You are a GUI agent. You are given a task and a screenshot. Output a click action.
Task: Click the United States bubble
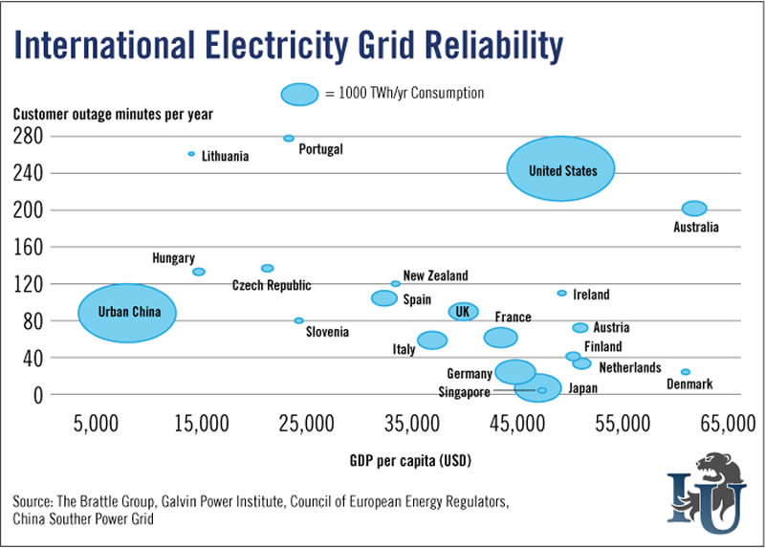pos(560,170)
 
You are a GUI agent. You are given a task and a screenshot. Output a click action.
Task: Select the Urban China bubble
pos(126,313)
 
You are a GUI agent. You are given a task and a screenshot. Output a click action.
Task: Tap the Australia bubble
pos(694,208)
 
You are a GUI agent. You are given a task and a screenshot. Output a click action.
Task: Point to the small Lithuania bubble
pos(191,154)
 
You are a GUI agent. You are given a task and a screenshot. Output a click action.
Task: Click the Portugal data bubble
pos(289,139)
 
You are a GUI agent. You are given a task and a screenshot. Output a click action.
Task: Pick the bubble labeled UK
pos(464,312)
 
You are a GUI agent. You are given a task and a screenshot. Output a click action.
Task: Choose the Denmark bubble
pos(686,372)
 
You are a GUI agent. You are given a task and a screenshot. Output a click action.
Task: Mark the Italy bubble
pos(432,340)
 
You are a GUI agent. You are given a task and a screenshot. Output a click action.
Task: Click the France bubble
pos(500,337)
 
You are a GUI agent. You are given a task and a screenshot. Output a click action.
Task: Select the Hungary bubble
pos(199,272)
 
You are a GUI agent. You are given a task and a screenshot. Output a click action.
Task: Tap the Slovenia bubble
pos(298,320)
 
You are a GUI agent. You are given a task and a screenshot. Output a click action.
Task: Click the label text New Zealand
pos(435,276)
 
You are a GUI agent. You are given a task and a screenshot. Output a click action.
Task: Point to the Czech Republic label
pos(272,286)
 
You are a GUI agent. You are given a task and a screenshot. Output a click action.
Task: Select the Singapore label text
pos(464,392)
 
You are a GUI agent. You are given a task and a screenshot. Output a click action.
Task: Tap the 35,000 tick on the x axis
pos(413,423)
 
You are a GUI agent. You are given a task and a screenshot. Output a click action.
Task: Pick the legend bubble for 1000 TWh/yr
pos(299,94)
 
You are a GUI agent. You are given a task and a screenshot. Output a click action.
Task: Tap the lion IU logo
pos(706,485)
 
